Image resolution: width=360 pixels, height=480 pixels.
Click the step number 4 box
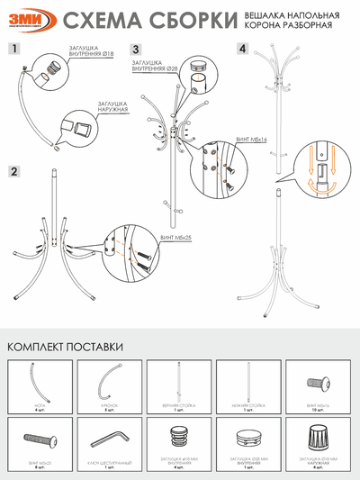point(242,49)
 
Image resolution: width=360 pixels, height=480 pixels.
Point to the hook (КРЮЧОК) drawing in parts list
point(109,382)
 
